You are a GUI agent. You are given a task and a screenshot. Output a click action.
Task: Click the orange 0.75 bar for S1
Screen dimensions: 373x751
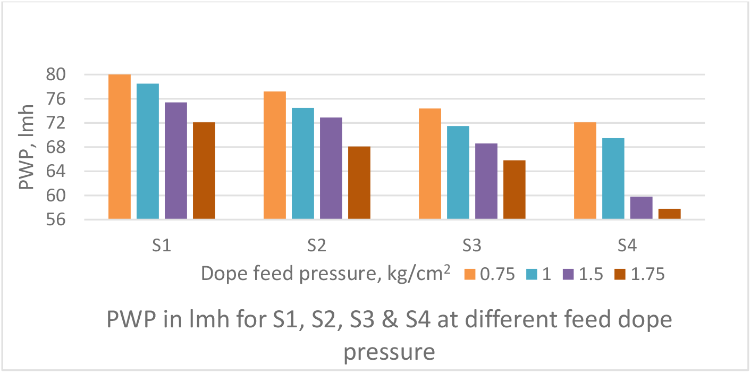pos(120,147)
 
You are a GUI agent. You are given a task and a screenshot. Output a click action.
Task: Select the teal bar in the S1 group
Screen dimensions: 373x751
pos(148,151)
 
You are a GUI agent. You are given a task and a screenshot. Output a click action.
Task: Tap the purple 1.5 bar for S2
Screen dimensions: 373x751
pos(331,168)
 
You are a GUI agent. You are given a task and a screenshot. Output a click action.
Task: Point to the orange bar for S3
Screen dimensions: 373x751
pos(430,164)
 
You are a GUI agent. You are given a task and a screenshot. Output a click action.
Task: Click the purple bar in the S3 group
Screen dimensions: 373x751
pos(486,181)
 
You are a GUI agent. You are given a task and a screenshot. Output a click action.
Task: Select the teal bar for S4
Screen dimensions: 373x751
pos(613,179)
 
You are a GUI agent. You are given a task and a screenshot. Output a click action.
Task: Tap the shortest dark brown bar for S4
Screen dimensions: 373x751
pos(670,214)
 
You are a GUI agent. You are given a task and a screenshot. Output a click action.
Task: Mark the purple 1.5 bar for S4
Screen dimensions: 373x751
pos(642,208)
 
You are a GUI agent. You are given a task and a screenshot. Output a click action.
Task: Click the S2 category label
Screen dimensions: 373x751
pos(317,245)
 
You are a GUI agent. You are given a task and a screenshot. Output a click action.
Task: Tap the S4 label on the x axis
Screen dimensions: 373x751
pos(628,245)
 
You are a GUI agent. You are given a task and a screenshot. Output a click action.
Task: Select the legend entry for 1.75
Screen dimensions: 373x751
pos(648,274)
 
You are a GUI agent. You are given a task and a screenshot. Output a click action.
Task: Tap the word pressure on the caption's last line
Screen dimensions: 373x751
pos(390,351)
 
